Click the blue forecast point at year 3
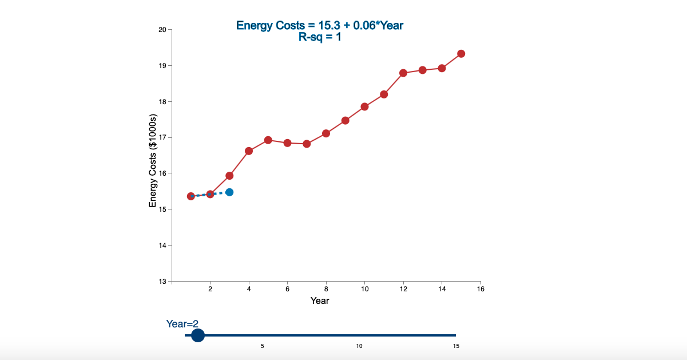pyautogui.click(x=229, y=192)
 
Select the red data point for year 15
pyautogui.click(x=461, y=54)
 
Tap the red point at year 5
pyautogui.click(x=268, y=140)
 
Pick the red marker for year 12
pyautogui.click(x=403, y=73)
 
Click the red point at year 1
pyautogui.click(x=191, y=196)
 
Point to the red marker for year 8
pyautogui.click(x=326, y=133)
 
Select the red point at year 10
pyautogui.click(x=364, y=107)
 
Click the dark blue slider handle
pyautogui.click(x=197, y=335)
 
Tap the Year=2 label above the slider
pyautogui.click(x=182, y=324)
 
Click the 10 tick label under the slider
pyautogui.click(x=359, y=346)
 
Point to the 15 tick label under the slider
pyautogui.click(x=456, y=346)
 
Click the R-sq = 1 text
pyautogui.click(x=320, y=37)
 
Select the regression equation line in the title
pyautogui.click(x=323, y=25)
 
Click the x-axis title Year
pyautogui.click(x=320, y=300)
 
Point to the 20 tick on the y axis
pyautogui.click(x=162, y=30)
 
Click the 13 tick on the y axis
pyautogui.click(x=162, y=282)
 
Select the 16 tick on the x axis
pyautogui.click(x=480, y=290)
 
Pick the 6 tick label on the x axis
pyautogui.click(x=287, y=290)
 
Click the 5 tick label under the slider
pyautogui.click(x=263, y=346)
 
